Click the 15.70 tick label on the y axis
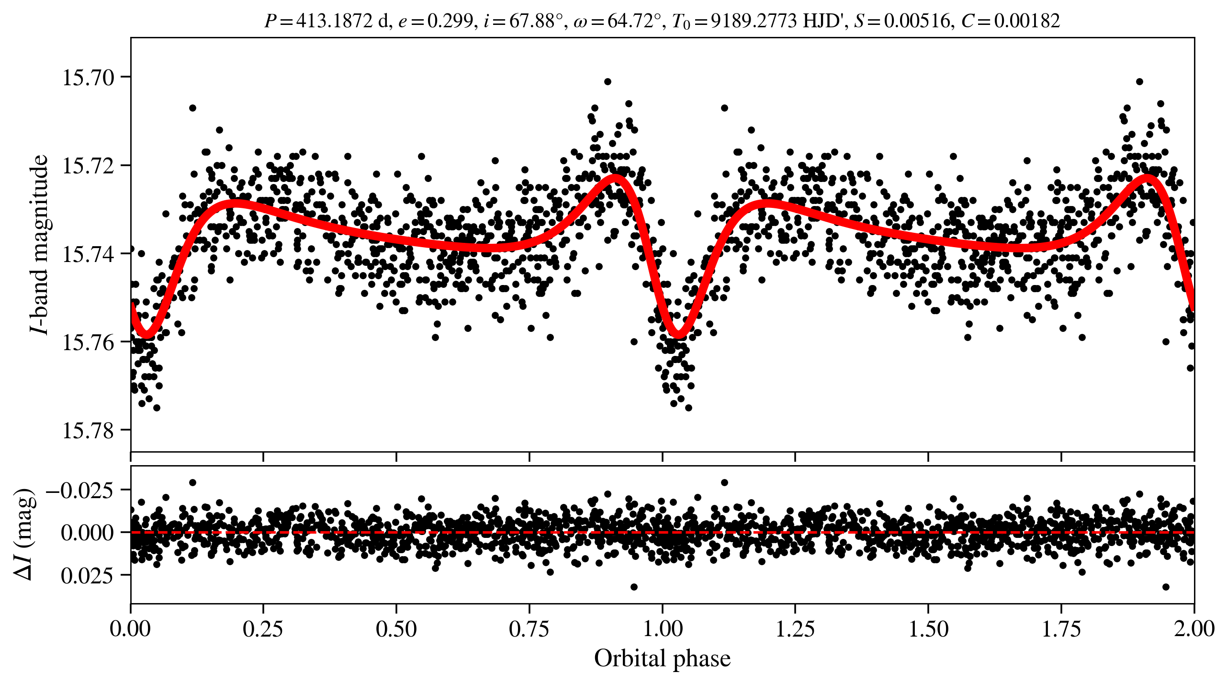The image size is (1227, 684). click(x=88, y=78)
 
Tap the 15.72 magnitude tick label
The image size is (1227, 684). click(x=88, y=166)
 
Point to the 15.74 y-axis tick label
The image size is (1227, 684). click(x=88, y=254)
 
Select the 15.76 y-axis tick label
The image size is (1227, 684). click(x=88, y=342)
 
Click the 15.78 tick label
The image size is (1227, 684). click(x=88, y=431)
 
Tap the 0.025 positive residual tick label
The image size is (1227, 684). click(x=87, y=575)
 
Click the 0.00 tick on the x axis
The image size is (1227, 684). click(x=130, y=628)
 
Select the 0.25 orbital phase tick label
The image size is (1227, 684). click(x=263, y=628)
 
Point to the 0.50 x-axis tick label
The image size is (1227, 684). click(x=396, y=628)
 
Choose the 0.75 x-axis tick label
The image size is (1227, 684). click(x=529, y=628)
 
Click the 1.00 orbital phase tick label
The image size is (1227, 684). click(x=662, y=628)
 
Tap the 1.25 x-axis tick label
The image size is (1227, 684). click(x=795, y=628)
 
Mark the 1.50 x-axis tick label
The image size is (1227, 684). click(x=928, y=628)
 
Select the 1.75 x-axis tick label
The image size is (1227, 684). click(x=1061, y=628)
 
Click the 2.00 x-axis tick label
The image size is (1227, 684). click(x=1194, y=628)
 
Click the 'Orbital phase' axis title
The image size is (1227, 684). click(x=662, y=659)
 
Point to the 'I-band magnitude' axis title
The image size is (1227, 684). click(x=39, y=244)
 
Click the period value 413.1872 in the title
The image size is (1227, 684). click(x=334, y=21)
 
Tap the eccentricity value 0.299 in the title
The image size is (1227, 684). click(x=450, y=21)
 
